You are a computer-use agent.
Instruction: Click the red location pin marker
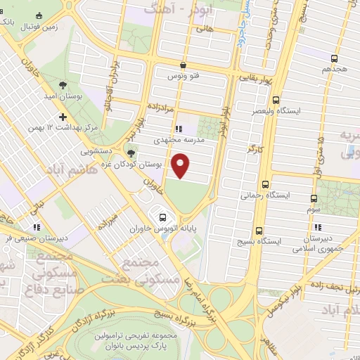(x=181, y=166)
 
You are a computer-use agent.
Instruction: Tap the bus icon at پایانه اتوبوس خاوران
(x=163, y=217)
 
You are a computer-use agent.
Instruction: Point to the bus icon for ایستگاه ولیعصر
(x=276, y=100)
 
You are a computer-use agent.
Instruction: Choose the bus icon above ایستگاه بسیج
(x=259, y=230)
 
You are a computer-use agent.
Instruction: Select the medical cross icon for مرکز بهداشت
(x=63, y=117)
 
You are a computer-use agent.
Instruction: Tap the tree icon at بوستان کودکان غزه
(x=131, y=153)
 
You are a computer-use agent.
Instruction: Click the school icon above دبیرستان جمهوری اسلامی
(x=319, y=226)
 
